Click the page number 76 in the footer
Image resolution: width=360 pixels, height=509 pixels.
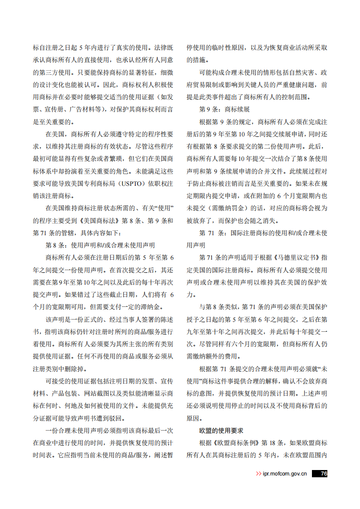(x=323, y=474)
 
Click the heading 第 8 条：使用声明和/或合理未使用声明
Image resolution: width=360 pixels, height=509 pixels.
(x=100, y=245)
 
